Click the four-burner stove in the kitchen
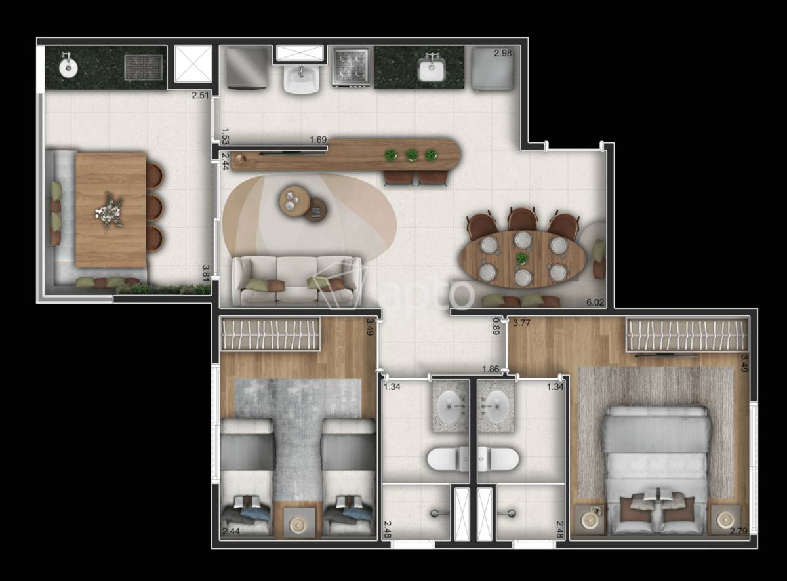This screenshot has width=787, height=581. (352, 68)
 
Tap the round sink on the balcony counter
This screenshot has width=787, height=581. (68, 68)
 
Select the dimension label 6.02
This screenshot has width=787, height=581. (595, 302)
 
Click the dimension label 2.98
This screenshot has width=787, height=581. (503, 53)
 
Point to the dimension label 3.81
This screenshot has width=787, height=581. (205, 273)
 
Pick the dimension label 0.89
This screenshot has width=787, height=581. (496, 326)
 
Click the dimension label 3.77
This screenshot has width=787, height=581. (521, 323)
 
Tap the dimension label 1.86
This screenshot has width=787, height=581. (491, 369)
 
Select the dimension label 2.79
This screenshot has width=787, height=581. (738, 531)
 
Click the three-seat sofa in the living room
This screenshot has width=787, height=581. (297, 281)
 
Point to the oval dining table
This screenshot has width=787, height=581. (522, 259)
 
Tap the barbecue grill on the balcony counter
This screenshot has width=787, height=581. (144, 68)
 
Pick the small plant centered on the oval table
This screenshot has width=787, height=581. (521, 258)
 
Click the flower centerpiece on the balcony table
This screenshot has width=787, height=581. (110, 210)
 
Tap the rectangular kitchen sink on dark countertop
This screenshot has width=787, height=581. (431, 70)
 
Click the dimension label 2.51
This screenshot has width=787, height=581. (201, 95)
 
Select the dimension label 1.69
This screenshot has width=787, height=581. (318, 140)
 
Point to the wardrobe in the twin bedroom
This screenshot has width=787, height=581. (270, 334)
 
